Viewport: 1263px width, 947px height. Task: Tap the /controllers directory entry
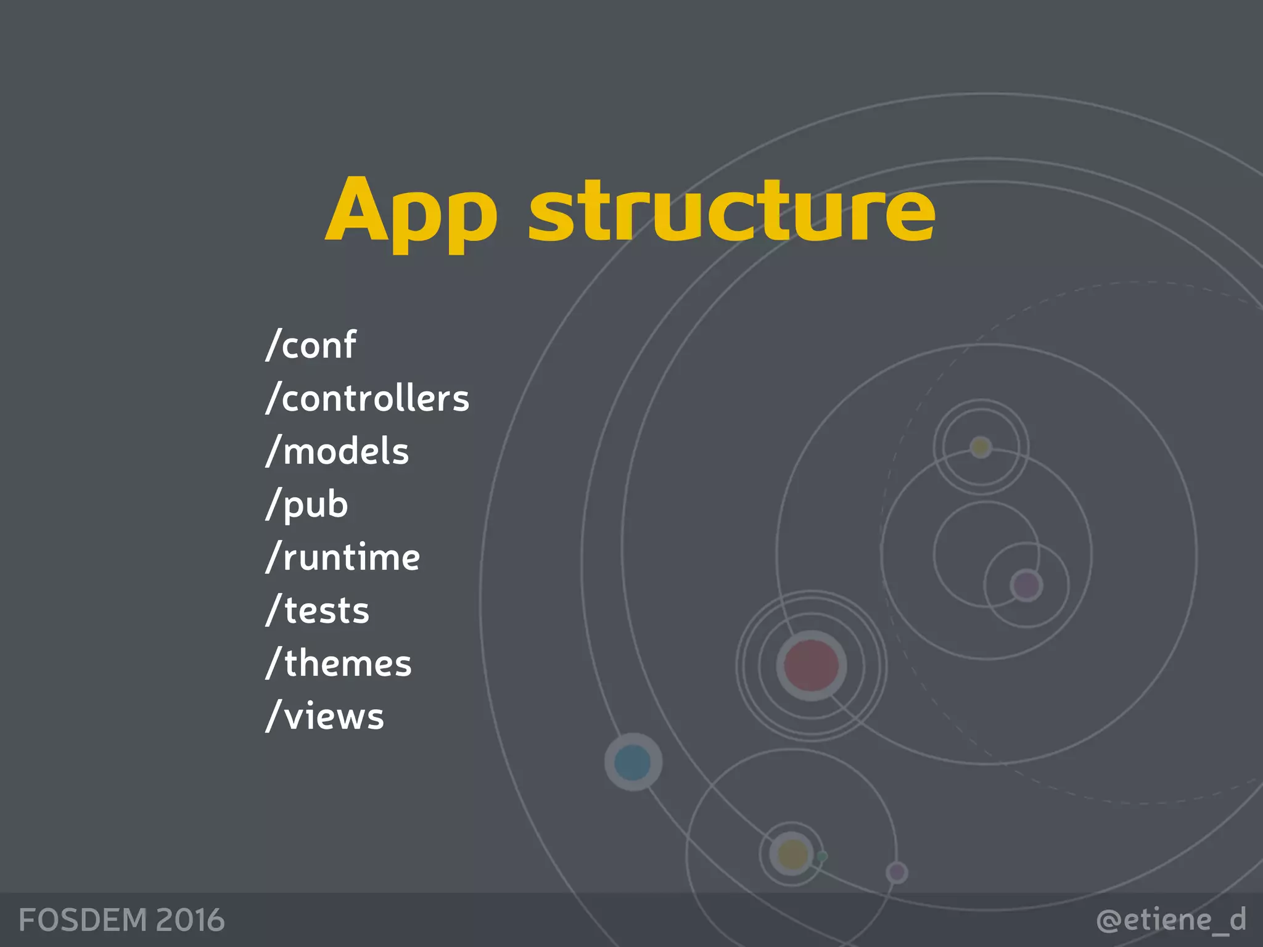click(368, 398)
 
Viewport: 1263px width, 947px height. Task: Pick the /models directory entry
click(337, 451)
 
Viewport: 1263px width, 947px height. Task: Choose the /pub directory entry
click(307, 504)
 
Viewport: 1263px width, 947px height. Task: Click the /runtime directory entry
click(343, 557)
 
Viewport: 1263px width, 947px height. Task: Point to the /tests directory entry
click(318, 610)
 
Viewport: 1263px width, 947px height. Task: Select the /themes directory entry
click(339, 663)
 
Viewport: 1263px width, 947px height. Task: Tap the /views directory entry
click(325, 716)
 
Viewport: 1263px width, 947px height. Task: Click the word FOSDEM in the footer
click(83, 920)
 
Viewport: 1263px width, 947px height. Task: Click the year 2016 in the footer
click(190, 920)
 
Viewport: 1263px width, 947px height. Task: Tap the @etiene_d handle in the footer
click(1171, 920)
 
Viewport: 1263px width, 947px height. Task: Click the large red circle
click(811, 665)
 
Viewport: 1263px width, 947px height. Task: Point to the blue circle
click(633, 762)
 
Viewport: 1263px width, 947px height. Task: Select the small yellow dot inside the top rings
click(981, 447)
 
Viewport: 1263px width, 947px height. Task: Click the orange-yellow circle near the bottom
click(792, 855)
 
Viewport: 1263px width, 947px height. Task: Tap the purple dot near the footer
click(897, 872)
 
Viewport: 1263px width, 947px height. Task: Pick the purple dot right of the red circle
click(1026, 585)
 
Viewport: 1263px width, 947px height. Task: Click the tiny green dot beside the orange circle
click(822, 856)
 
